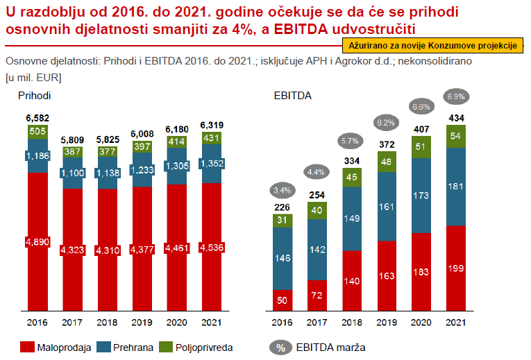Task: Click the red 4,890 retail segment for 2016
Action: pyautogui.click(x=38, y=241)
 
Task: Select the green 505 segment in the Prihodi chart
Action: pyautogui.click(x=38, y=132)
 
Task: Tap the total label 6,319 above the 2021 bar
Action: pyautogui.click(x=212, y=126)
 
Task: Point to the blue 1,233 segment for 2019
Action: pyautogui.click(x=142, y=169)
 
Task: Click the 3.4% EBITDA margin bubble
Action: pyautogui.click(x=282, y=190)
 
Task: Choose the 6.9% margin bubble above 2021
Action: pyautogui.click(x=456, y=96)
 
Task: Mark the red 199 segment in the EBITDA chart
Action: pyautogui.click(x=456, y=268)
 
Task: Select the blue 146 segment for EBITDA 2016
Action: pyautogui.click(x=282, y=258)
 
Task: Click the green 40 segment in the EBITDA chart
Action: pyautogui.click(x=317, y=210)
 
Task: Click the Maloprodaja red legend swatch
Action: pyautogui.click(x=28, y=347)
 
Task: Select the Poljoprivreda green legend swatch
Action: pyautogui.click(x=167, y=347)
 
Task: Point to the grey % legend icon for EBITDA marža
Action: pyautogui.click(x=280, y=348)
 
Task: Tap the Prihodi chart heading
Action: pyautogui.click(x=35, y=94)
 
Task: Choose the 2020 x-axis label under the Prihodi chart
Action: pyautogui.click(x=177, y=323)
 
